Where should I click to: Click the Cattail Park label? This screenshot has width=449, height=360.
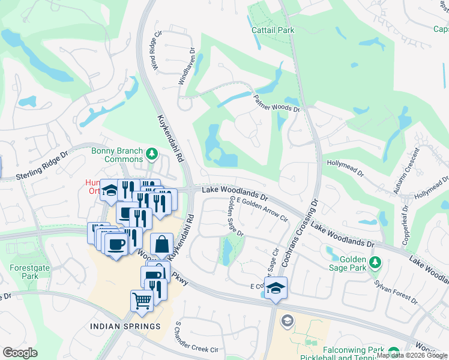[272, 29]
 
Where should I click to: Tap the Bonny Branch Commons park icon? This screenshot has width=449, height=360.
[152, 156]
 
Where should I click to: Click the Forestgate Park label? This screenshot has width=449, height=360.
[24, 272]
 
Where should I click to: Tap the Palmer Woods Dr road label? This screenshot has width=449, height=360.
[276, 104]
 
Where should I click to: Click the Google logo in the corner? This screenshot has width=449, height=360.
[20, 353]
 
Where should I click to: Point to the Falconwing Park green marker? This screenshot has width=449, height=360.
[393, 352]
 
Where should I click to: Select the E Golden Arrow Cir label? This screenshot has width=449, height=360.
[262, 211]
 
